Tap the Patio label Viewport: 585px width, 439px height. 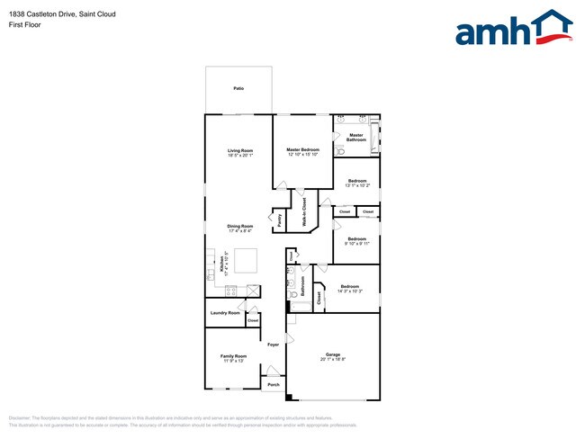pos(238,88)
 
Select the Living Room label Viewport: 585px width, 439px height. pos(240,150)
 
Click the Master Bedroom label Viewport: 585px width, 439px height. pos(303,149)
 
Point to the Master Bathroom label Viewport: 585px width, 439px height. pos(357,138)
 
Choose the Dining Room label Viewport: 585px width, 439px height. pos(239,226)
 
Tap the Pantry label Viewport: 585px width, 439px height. pos(280,219)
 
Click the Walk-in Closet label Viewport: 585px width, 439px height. pos(304,211)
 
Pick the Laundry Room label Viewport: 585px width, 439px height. pos(225,313)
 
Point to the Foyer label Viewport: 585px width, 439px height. pos(274,345)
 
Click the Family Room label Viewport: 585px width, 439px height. pos(234,356)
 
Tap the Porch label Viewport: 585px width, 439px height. pos(274,384)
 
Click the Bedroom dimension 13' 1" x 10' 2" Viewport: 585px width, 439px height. pos(357,185)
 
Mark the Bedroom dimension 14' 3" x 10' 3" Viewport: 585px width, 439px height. pos(350,291)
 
